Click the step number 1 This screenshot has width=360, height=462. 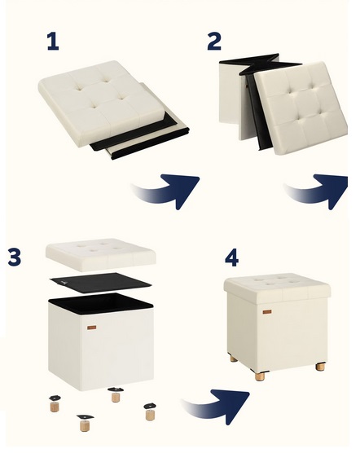[x=53, y=42]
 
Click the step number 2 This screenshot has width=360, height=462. [x=214, y=42]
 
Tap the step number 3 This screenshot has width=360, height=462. [x=15, y=257]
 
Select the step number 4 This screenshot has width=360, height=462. [x=231, y=257]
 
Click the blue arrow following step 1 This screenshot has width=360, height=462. [x=169, y=191]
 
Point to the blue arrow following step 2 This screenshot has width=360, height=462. [x=318, y=191]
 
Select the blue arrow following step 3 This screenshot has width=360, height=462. [x=218, y=407]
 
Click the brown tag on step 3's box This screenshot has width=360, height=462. [x=91, y=328]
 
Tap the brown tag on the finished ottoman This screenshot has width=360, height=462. [x=267, y=312]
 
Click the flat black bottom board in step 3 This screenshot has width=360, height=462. [x=101, y=283]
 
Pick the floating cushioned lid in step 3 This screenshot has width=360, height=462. [x=101, y=255]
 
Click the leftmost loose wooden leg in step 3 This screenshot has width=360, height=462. [x=55, y=403]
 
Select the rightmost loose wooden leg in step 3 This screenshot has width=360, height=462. [x=150, y=411]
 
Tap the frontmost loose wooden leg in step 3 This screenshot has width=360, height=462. [x=86, y=423]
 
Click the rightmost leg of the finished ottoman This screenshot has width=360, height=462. [x=320, y=367]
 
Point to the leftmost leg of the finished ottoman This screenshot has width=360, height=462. [x=234, y=359]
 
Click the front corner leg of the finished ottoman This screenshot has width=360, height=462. [x=260, y=376]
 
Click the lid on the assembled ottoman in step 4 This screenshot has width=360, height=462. [x=277, y=288]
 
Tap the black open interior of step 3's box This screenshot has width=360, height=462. [x=101, y=303]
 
